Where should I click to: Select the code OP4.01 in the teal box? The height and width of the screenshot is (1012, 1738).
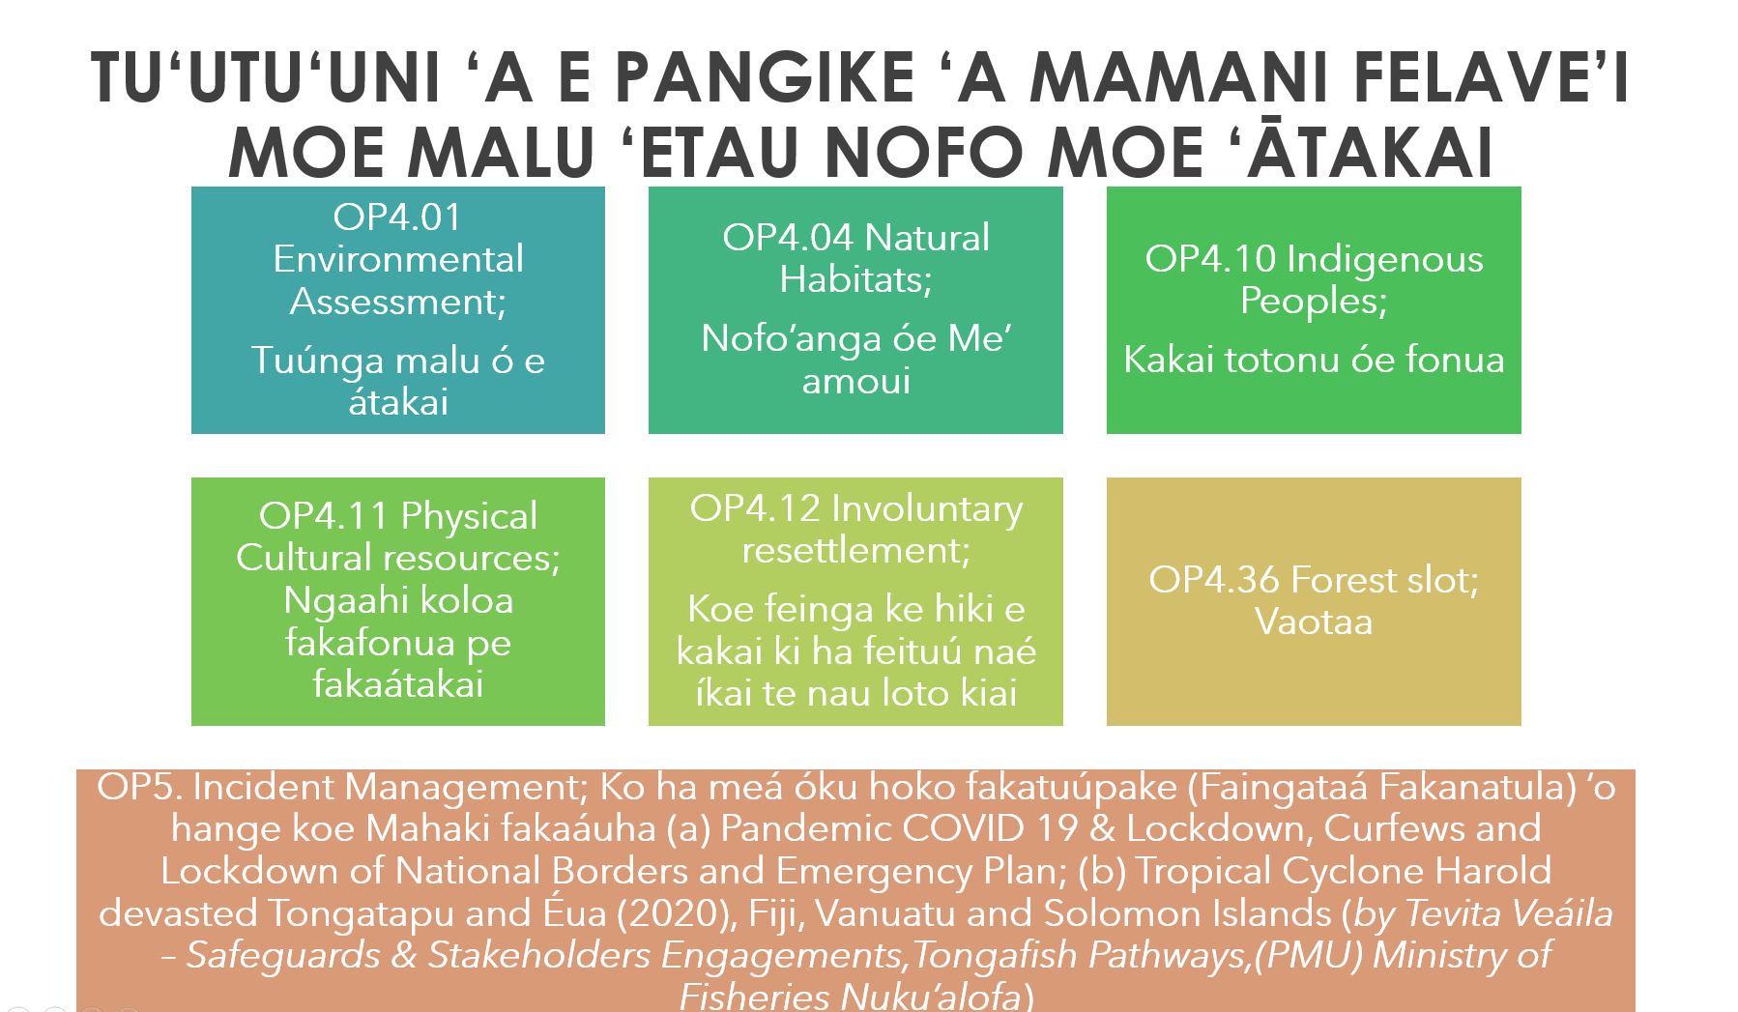[x=397, y=217]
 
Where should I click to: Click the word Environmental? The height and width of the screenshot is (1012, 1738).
[x=398, y=259]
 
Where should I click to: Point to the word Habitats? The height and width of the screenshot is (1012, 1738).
[x=855, y=279]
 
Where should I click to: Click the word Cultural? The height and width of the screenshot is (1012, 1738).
[x=305, y=558]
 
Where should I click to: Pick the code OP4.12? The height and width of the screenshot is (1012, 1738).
[x=755, y=508]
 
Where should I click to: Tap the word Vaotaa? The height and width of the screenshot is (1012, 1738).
[x=1314, y=622]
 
